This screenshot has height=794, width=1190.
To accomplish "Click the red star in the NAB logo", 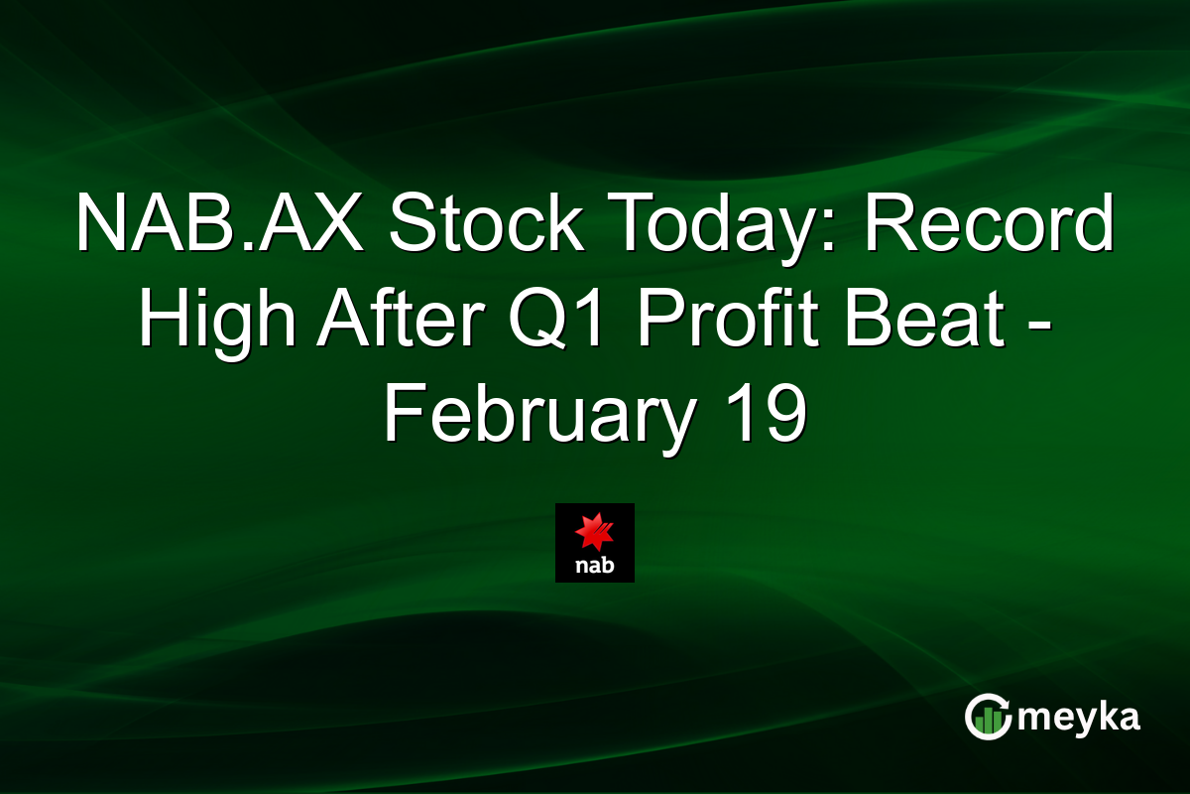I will click(x=595, y=534).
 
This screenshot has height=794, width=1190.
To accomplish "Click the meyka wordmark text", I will click(x=1080, y=718).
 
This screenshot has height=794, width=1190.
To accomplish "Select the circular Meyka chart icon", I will click(x=988, y=717).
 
